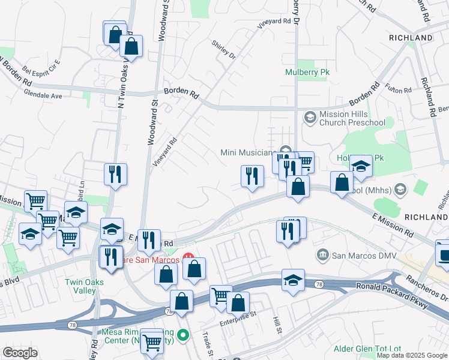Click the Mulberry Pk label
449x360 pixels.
(x=307, y=73)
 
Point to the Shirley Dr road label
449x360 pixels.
(x=223, y=49)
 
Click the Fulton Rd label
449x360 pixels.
(x=399, y=88)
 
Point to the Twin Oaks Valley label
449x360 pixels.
(x=85, y=286)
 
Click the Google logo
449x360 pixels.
(x=20, y=353)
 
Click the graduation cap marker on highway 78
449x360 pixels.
(x=293, y=280)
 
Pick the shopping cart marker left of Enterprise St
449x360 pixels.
(x=221, y=296)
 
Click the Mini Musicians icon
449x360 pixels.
(x=286, y=151)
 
